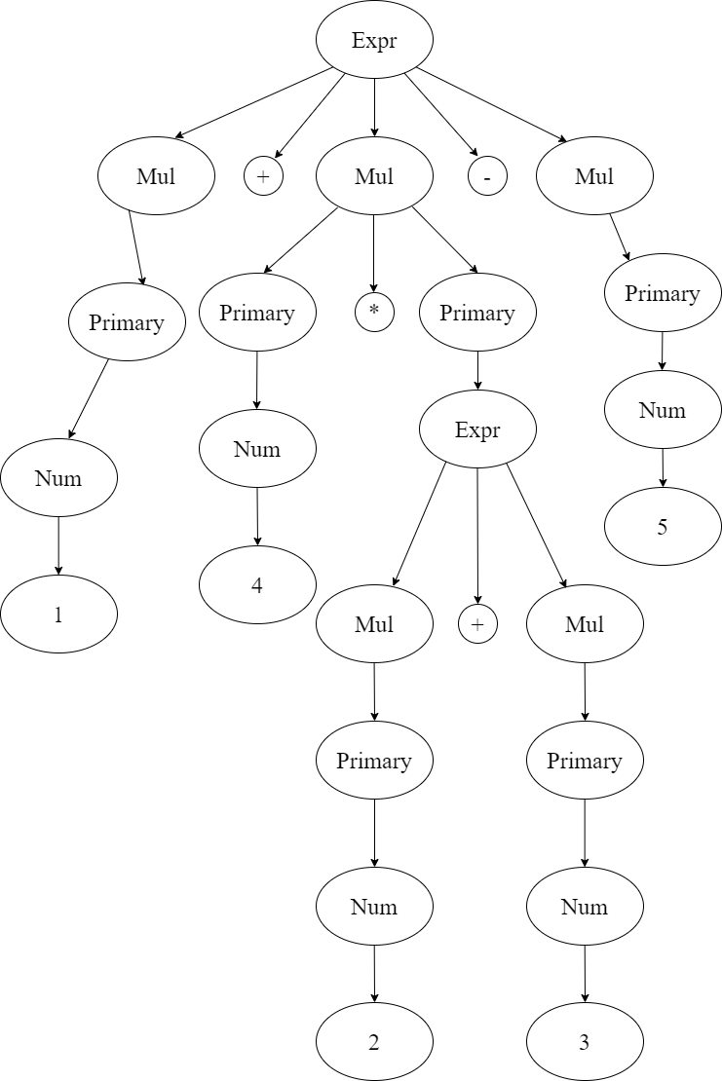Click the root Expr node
coord(374,40)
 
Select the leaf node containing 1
coord(58,615)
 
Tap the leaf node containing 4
coord(257,585)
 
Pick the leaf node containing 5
coord(663,527)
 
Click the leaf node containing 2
coord(374,1042)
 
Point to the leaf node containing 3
coord(585,1042)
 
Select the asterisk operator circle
coord(374,313)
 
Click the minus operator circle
coord(487,176)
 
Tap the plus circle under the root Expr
coord(262,176)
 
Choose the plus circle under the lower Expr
coord(477,624)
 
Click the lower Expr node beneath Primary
coord(477,429)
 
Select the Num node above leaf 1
coord(58,478)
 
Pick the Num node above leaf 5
coord(663,410)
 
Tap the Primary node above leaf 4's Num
coord(257,313)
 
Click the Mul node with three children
coord(374,176)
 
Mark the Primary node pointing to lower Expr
coord(477,313)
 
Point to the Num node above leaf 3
coord(585,907)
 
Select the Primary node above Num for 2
coord(374,761)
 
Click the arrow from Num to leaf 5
coord(663,468)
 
